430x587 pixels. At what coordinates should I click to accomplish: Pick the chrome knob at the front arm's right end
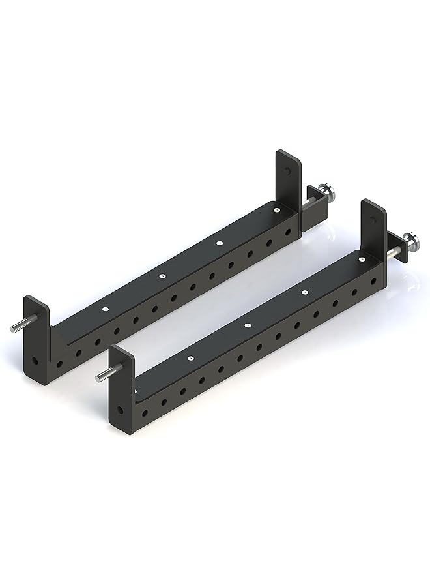pos(411,241)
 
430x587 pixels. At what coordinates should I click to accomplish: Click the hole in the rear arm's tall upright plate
pos(287,172)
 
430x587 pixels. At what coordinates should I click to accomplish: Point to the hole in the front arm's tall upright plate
pos(373,221)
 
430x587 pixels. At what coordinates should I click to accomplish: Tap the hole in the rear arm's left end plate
pos(33,360)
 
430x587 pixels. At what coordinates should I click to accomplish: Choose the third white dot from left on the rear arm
pos(219,243)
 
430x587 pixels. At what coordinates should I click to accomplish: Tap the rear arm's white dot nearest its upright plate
pos(276,211)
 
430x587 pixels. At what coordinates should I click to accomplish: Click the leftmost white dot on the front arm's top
pos(190,357)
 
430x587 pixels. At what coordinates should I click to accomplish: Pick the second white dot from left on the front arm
pos(247,325)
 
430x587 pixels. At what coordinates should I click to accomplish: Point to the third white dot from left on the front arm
pos(304,292)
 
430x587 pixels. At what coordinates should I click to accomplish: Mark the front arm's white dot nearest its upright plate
pos(361,260)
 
